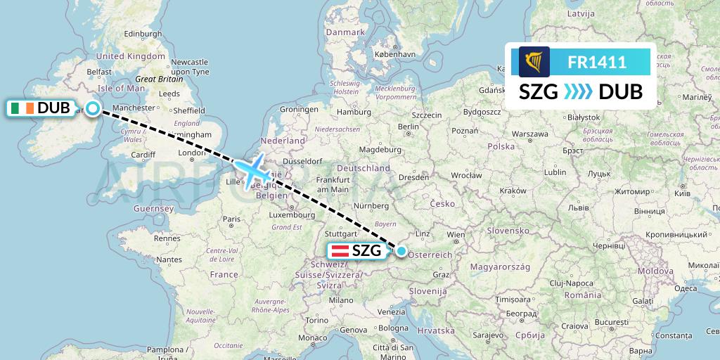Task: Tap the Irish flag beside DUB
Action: point(22,108)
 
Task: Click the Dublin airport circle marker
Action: point(93,108)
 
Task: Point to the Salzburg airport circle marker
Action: point(401,250)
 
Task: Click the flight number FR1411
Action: point(597,63)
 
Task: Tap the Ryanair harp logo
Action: point(534,62)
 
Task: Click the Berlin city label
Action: point(409,126)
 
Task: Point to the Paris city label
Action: point(232,219)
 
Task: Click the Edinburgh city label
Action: point(143,33)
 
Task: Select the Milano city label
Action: point(342,300)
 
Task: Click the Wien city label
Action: point(456,234)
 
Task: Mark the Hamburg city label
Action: point(354,112)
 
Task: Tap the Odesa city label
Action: point(685,288)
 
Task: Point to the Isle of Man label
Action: point(121,88)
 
